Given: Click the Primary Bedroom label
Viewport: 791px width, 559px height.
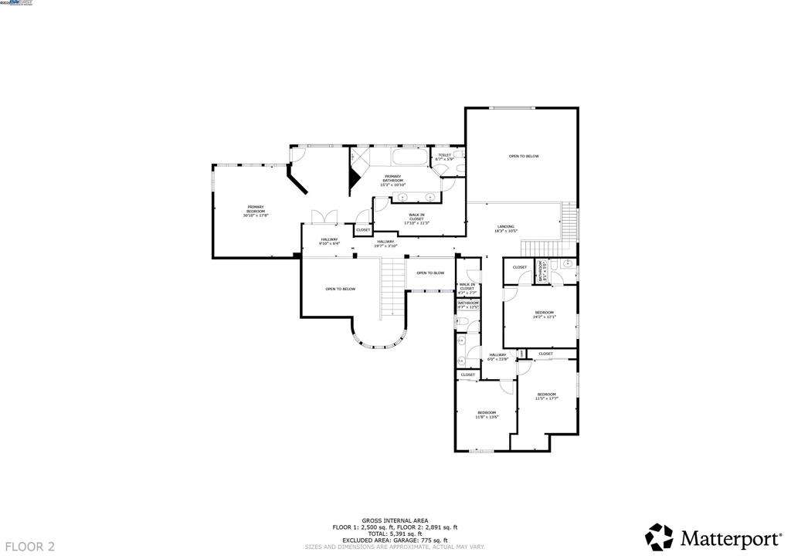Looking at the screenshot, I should tap(255, 210).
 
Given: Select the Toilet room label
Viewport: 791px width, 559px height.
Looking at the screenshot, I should tap(444, 157).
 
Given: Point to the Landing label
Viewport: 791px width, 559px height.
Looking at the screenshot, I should tap(505, 229).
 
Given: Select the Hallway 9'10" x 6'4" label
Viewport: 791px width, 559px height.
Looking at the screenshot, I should tap(329, 241).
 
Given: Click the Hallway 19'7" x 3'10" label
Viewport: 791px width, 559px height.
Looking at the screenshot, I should tap(385, 243).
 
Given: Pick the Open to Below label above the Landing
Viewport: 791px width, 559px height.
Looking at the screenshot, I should tap(523, 157).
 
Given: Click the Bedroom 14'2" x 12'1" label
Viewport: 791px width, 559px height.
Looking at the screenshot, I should tap(545, 314).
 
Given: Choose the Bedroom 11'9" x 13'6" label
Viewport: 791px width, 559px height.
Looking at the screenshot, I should tap(487, 415).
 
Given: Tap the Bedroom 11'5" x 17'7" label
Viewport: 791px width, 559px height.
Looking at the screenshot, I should tap(547, 396).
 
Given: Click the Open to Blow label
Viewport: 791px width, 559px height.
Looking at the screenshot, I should tap(430, 273).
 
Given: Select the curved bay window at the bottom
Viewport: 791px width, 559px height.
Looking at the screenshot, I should tap(379, 340).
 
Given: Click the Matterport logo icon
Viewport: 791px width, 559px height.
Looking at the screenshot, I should tap(659, 537).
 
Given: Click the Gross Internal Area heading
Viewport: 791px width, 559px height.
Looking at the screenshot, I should tap(395, 520).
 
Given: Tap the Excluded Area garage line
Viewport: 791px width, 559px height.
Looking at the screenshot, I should tap(395, 540).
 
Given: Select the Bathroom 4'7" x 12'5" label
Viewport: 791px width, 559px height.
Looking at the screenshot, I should tap(468, 305).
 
